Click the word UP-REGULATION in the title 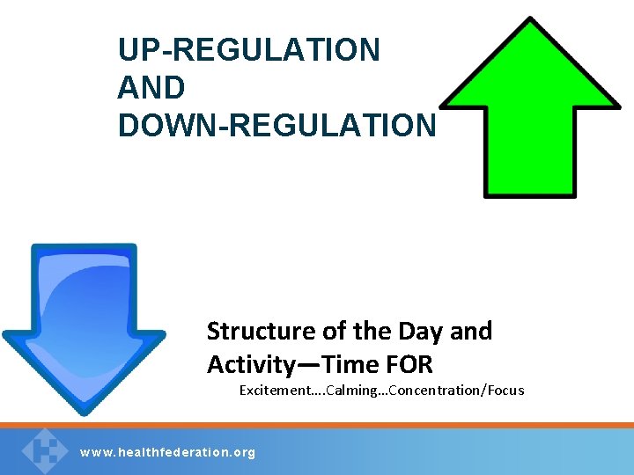click(249, 50)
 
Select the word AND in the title click(151, 88)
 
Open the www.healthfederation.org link click(167, 452)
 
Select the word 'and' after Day click(471, 332)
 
